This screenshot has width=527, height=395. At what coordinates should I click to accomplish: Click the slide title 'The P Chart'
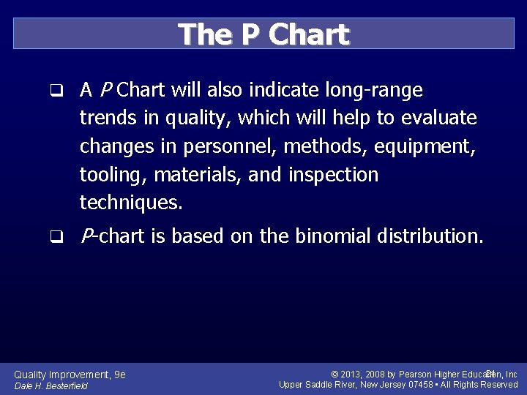(263, 34)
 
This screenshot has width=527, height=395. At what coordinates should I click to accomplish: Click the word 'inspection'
(333, 175)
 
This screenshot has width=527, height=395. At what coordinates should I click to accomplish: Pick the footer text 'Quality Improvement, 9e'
(70, 375)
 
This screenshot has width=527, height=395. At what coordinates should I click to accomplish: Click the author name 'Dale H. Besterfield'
(51, 386)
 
